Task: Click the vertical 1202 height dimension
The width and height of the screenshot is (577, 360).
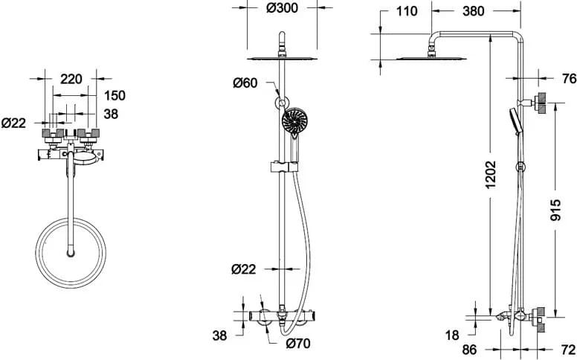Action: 491,182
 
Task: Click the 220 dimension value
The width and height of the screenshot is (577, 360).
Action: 71,77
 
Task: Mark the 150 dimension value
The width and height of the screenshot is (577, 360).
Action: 115,94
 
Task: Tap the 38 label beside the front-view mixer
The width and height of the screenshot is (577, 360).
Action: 219,336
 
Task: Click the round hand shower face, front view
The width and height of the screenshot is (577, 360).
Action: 294,120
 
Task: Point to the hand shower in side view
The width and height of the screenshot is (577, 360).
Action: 515,120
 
